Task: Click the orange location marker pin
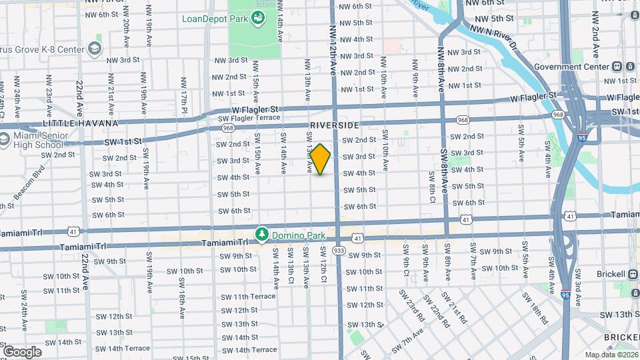coord(321,159)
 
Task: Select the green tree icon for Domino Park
coord(263,235)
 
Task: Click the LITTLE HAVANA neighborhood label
coord(80,123)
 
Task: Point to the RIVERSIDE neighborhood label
coord(334,125)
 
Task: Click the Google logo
coord(22,351)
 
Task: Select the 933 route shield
coord(339,250)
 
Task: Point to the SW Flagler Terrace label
coord(249,118)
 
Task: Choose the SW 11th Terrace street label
coord(249,296)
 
